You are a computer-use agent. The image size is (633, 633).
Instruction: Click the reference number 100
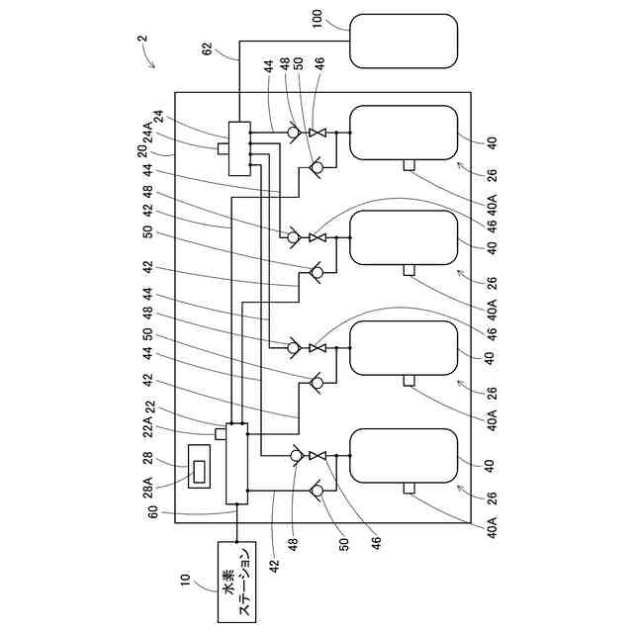(317, 19)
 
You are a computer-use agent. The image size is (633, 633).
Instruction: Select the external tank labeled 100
(404, 41)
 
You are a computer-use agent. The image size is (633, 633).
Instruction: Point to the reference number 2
(142, 39)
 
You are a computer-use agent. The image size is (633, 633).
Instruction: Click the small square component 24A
(224, 148)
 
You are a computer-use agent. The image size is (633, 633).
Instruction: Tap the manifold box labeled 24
(239, 148)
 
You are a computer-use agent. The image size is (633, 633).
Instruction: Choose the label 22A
(148, 426)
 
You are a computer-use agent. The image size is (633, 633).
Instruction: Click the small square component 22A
(221, 434)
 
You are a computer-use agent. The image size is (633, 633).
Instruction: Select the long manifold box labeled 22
(236, 464)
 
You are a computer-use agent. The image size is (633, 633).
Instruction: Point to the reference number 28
(147, 458)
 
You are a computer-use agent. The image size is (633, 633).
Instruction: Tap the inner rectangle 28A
(200, 472)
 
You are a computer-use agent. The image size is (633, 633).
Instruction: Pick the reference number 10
(185, 580)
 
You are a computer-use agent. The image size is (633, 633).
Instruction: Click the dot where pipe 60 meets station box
(237, 542)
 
